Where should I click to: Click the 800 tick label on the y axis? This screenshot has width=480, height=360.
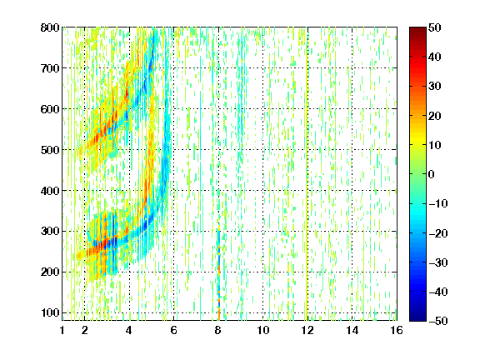(50, 27)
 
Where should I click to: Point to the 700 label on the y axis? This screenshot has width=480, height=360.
(50, 68)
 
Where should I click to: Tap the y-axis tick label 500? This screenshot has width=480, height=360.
(50, 150)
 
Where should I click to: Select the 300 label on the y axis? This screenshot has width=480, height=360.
(50, 231)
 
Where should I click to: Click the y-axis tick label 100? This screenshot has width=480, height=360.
(50, 312)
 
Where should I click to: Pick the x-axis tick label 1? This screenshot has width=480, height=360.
(62, 330)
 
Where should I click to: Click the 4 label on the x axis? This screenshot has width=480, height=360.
(129, 330)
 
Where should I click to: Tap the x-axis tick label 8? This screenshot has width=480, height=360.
(218, 330)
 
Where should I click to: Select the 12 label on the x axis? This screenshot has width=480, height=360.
(307, 330)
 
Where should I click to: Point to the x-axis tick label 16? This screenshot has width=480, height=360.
(397, 330)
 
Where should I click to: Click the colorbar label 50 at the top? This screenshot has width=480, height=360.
(435, 27)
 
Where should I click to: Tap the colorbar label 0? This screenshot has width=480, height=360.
(432, 174)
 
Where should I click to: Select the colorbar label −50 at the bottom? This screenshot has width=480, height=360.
(438, 321)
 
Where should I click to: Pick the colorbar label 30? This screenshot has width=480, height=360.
(435, 87)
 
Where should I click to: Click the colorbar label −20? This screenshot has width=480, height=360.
(438, 233)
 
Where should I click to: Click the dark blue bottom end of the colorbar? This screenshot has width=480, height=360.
(417, 318)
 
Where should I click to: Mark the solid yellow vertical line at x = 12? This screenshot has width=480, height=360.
(307, 174)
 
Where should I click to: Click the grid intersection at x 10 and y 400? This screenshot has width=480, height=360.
(263, 190)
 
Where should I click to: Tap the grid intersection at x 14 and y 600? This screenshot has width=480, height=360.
(352, 109)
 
